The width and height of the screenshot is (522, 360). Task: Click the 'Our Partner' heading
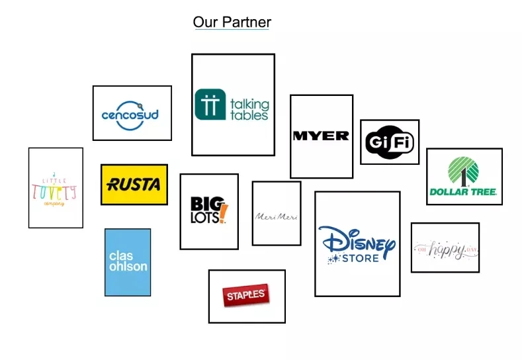pyautogui.click(x=232, y=22)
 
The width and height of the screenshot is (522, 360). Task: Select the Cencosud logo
pyautogui.click(x=130, y=114)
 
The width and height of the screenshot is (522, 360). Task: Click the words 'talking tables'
pyautogui.click(x=249, y=109)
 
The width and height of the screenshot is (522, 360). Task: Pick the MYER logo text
pyautogui.click(x=321, y=136)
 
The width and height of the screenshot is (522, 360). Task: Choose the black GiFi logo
pyautogui.click(x=389, y=142)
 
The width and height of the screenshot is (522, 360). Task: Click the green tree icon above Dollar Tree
pyautogui.click(x=463, y=171)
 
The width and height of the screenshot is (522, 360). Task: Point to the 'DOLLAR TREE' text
pyautogui.click(x=463, y=193)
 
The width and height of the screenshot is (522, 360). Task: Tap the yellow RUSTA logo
pyautogui.click(x=134, y=185)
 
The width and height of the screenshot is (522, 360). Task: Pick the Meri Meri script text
pyautogui.click(x=276, y=217)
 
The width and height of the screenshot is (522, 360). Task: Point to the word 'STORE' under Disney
pyautogui.click(x=361, y=258)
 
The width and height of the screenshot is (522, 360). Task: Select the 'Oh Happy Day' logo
pyautogui.click(x=445, y=249)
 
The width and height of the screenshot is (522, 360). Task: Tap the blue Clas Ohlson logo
pyautogui.click(x=128, y=262)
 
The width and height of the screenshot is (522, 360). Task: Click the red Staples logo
pyautogui.click(x=246, y=295)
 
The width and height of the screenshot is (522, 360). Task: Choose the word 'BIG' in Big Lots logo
pyautogui.click(x=202, y=204)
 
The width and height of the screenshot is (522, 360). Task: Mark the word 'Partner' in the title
pyautogui.click(x=246, y=22)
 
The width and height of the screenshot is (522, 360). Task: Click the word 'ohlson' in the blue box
pyautogui.click(x=128, y=267)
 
